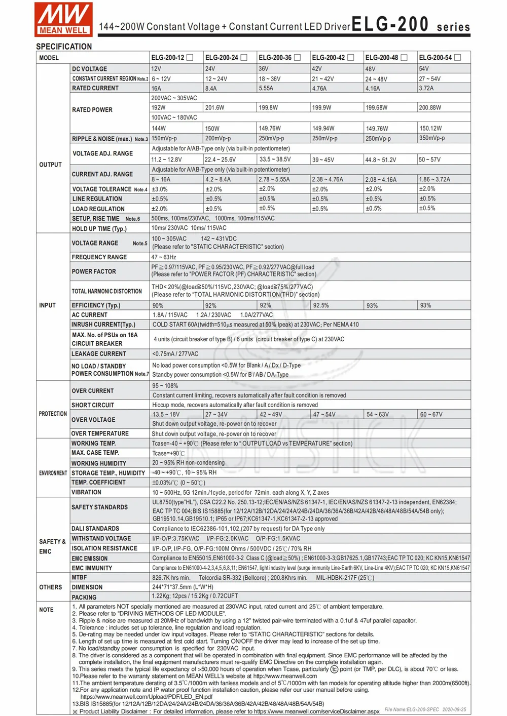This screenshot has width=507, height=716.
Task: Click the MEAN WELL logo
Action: pos(63,19)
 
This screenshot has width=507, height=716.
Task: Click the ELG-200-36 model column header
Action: pos(275,58)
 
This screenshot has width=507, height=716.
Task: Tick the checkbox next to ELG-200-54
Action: pos(457,58)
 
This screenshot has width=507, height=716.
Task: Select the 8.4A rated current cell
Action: pos(211,89)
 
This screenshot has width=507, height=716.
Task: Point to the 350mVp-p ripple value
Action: pos(431,138)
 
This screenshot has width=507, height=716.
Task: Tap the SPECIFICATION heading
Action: pos(64,47)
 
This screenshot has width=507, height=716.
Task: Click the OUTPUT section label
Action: pos(50,165)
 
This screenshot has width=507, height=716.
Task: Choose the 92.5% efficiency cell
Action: pos(321,306)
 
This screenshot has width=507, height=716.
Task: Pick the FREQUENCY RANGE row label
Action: pos(99,257)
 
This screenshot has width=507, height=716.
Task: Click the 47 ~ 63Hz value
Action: pos(164,257)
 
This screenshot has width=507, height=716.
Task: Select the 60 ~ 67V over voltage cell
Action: pos(431,415)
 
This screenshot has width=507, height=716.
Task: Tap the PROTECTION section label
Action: pos(53,414)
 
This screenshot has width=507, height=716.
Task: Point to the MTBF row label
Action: pos(79,577)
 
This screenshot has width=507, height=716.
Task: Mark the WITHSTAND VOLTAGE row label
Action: pos(101,539)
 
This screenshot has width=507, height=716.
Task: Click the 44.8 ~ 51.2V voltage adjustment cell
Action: pos(380,160)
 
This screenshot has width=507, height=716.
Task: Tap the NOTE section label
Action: pos(46,610)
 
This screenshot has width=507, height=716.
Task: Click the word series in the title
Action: pos(453,27)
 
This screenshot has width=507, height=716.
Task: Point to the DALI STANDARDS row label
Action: pos(95,529)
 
